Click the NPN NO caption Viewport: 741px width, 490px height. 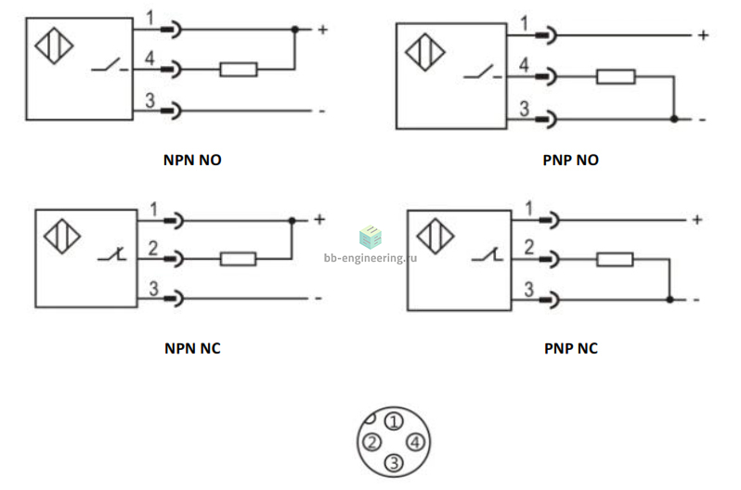coord(192,160)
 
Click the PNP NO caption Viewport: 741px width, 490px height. coord(570,160)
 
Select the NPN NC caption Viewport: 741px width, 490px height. coord(192,348)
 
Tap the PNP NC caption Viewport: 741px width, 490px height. coord(571,348)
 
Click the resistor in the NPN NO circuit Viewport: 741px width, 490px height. coord(239,70)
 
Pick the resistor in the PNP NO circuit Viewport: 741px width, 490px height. coord(616,76)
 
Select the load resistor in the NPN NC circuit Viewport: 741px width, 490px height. coord(238,259)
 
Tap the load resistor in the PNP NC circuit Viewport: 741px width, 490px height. coord(615,260)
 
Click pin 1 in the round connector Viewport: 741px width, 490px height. coord(394,421)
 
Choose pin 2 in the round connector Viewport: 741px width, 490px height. coord(372,443)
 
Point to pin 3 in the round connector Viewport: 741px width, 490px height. coord(394,463)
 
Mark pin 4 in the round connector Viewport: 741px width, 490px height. coord(415,443)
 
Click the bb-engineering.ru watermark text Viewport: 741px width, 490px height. coord(370,258)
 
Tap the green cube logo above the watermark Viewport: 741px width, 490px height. coord(370,237)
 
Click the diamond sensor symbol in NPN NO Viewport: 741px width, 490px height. coord(55,45)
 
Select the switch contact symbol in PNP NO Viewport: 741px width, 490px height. coord(483,72)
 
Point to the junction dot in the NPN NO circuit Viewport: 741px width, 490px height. coord(295,30)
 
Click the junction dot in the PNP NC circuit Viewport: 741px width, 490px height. coord(669,300)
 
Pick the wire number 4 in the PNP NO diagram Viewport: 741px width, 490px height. coord(524,65)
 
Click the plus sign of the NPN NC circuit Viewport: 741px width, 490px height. coord(319,219)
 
